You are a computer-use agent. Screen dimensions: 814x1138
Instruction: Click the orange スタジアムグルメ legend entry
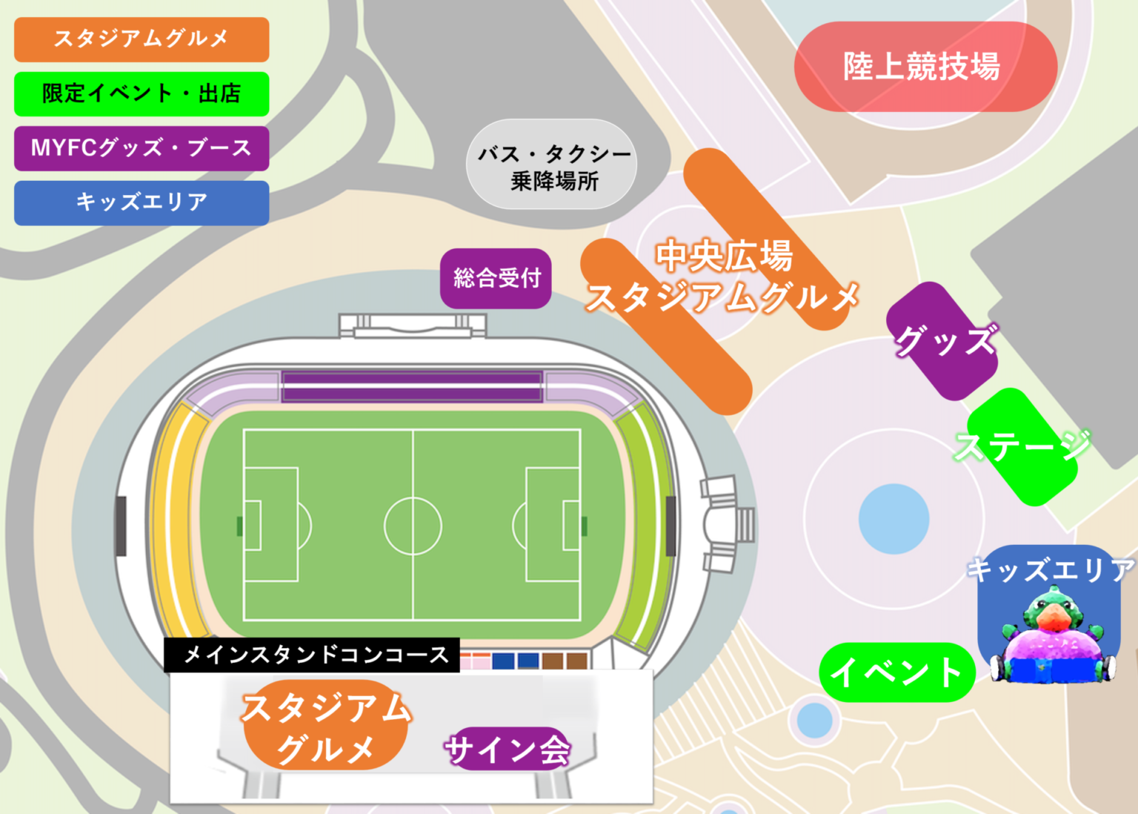[x=142, y=39]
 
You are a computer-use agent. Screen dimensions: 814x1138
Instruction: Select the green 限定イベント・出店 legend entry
[x=142, y=94]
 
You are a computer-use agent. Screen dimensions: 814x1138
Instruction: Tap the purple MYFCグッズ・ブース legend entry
[x=142, y=148]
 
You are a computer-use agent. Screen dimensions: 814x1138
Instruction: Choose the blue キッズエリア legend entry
[x=142, y=202]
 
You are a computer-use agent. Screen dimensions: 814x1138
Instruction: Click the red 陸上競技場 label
[x=925, y=67]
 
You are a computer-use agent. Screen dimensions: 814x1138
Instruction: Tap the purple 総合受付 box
[x=496, y=278]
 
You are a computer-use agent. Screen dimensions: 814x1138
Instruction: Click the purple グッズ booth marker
[x=942, y=341]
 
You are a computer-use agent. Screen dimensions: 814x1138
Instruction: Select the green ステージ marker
[x=1023, y=446]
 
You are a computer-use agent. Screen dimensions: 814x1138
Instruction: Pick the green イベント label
[x=896, y=672]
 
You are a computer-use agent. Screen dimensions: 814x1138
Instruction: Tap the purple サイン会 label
[x=508, y=749]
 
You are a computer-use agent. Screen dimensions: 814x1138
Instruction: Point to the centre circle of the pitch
[x=413, y=526]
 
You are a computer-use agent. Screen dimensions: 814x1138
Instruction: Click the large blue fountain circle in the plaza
[x=894, y=519]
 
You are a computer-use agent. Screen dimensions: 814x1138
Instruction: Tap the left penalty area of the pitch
[x=271, y=524]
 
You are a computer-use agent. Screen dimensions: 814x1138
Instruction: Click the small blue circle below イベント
[x=815, y=720]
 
